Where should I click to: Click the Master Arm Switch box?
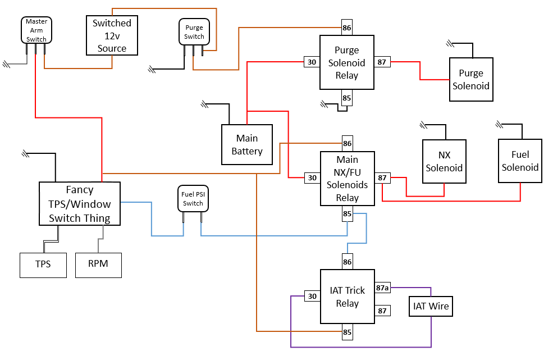pos(36,30)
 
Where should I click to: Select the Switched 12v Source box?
pos(112,35)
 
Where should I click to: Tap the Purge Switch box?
pos(194,33)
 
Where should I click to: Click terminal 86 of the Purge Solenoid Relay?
pos(347,28)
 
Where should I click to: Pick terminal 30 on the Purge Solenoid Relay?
pos(312,62)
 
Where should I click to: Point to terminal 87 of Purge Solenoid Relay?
pos(382,62)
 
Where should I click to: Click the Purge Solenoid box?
pos(471,80)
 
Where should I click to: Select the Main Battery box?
pos(247,144)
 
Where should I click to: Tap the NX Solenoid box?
pos(444,162)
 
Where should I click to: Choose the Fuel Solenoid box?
pos(520,161)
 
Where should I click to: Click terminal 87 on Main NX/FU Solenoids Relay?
pos(382,178)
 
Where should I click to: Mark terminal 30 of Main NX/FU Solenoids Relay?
pos(312,178)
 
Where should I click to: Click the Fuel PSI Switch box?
pos(193,199)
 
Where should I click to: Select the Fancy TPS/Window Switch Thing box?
pos(80,204)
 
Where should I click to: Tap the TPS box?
pos(43,265)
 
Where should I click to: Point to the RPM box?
pos(98,265)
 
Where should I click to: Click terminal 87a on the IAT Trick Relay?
pos(382,288)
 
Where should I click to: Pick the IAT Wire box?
pos(431,307)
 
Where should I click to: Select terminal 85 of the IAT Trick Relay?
pos(347,332)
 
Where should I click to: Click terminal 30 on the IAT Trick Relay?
pos(312,296)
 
